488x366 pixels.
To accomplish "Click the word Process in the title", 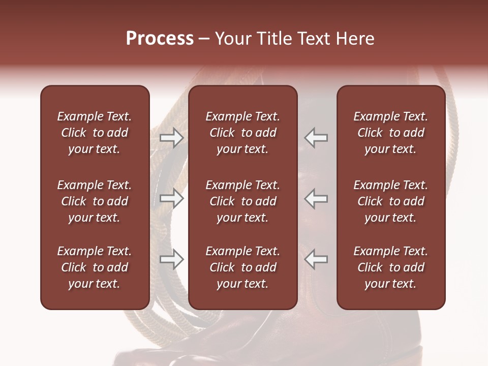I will pyautogui.click(x=160, y=39).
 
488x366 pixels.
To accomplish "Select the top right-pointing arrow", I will pyautogui.click(x=172, y=138).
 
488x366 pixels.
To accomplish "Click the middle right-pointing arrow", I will pyautogui.click(x=172, y=198).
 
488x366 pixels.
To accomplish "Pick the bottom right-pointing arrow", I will pyautogui.click(x=172, y=259).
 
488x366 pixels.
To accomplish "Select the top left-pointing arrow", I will pyautogui.click(x=316, y=138).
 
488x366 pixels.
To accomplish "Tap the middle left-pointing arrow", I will pyautogui.click(x=316, y=198).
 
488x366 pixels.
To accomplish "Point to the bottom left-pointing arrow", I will pyautogui.click(x=316, y=259).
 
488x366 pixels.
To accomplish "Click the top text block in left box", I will pyautogui.click(x=95, y=133).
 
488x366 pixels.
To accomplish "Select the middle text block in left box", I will pyautogui.click(x=95, y=201).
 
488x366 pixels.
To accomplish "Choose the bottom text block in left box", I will pyautogui.click(x=95, y=267).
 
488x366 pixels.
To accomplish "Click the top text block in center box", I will pyautogui.click(x=242, y=133).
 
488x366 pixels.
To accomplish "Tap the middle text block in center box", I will pyautogui.click(x=242, y=201).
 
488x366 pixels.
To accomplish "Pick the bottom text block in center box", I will pyautogui.click(x=242, y=267).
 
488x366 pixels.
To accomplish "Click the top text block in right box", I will pyautogui.click(x=390, y=133).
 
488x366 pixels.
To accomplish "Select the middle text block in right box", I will pyautogui.click(x=390, y=201).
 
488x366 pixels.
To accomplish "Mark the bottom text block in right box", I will pyautogui.click(x=390, y=267).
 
